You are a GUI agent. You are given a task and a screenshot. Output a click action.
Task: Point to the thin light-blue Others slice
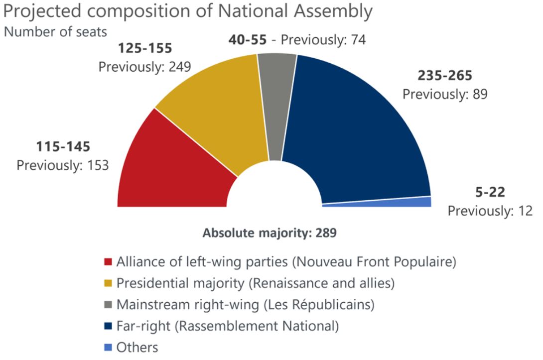(399, 202)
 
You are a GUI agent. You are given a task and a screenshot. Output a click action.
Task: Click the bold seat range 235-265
(444, 76)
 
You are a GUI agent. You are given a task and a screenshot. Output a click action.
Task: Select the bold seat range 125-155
(144, 49)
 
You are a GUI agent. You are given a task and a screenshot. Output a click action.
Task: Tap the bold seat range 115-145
(63, 147)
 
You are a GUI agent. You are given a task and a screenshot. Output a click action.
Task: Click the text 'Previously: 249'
(145, 66)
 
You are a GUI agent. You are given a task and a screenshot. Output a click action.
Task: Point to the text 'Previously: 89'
(445, 94)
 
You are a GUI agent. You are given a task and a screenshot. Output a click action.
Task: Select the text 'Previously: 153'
(63, 165)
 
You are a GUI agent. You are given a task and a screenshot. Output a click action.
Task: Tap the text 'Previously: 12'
(490, 211)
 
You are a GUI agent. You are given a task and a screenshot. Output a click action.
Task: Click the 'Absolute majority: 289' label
(270, 233)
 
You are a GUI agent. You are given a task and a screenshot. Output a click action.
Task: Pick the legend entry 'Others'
(137, 347)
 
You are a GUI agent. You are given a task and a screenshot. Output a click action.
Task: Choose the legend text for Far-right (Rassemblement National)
(227, 326)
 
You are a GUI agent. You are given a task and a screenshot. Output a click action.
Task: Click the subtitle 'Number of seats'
(55, 32)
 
